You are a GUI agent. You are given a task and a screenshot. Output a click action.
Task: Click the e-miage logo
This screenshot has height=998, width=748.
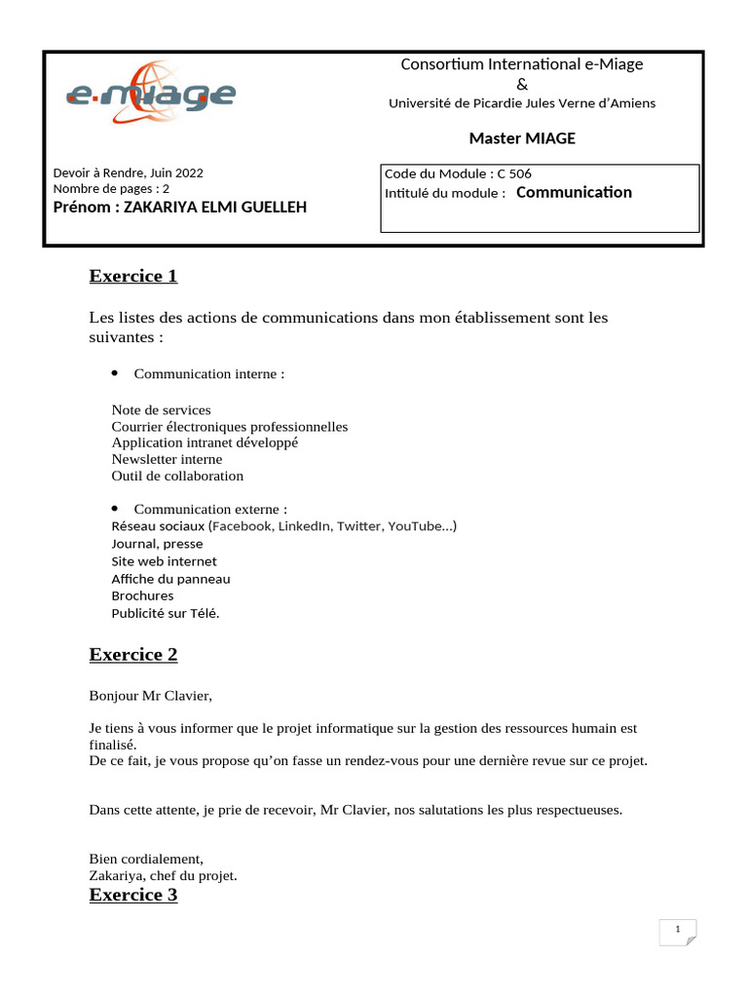tap(150, 93)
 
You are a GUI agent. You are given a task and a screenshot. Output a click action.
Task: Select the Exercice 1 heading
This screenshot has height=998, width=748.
tap(133, 276)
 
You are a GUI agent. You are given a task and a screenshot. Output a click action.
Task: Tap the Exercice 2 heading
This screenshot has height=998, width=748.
tap(133, 654)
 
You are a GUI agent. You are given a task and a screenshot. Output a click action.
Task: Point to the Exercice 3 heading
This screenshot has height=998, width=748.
tap(133, 894)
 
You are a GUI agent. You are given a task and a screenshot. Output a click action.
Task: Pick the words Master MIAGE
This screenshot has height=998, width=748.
tap(522, 138)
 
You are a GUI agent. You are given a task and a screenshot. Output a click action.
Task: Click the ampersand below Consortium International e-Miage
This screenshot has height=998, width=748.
tap(521, 84)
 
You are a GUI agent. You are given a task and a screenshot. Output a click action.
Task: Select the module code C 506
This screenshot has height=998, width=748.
tap(514, 173)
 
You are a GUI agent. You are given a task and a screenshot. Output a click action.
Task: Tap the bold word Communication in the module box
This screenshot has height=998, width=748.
tap(574, 192)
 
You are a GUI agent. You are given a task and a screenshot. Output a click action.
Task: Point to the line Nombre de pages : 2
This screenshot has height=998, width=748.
tap(111, 188)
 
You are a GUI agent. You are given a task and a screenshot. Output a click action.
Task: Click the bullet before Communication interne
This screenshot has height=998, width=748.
tap(115, 372)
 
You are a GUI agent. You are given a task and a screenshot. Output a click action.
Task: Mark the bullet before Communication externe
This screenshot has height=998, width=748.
tap(115, 508)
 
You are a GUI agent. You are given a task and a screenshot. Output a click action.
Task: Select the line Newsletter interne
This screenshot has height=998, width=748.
tap(167, 459)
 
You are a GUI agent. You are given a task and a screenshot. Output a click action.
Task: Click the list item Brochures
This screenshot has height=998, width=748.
tap(142, 595)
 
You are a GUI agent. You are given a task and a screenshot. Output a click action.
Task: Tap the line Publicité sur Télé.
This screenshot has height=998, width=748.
tap(166, 613)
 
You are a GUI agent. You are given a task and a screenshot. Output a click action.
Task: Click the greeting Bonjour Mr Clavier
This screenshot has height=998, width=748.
tap(150, 696)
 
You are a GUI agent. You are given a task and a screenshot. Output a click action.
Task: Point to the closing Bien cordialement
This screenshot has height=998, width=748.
tap(146, 859)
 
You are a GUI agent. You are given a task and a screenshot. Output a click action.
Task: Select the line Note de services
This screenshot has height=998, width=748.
tap(161, 409)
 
